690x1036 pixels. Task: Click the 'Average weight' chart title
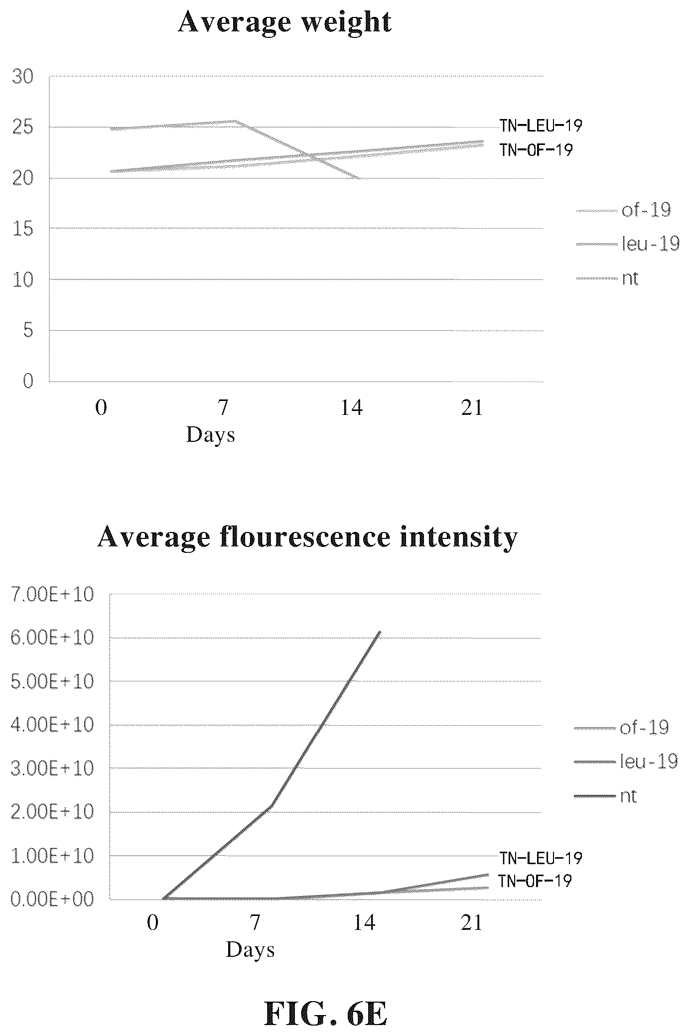[284, 22]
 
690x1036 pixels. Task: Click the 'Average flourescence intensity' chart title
[307, 537]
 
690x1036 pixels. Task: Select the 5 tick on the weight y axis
[28, 331]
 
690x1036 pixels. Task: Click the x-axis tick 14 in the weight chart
[352, 408]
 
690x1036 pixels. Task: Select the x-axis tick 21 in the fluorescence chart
[472, 923]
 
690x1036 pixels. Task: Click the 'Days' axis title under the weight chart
[210, 435]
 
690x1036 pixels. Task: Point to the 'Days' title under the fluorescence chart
[250, 949]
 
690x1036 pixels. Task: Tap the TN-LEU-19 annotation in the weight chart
[541, 125]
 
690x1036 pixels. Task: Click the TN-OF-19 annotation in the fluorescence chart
[536, 881]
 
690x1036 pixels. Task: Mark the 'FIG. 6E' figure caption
[325, 1000]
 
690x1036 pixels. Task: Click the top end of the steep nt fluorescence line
[380, 632]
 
